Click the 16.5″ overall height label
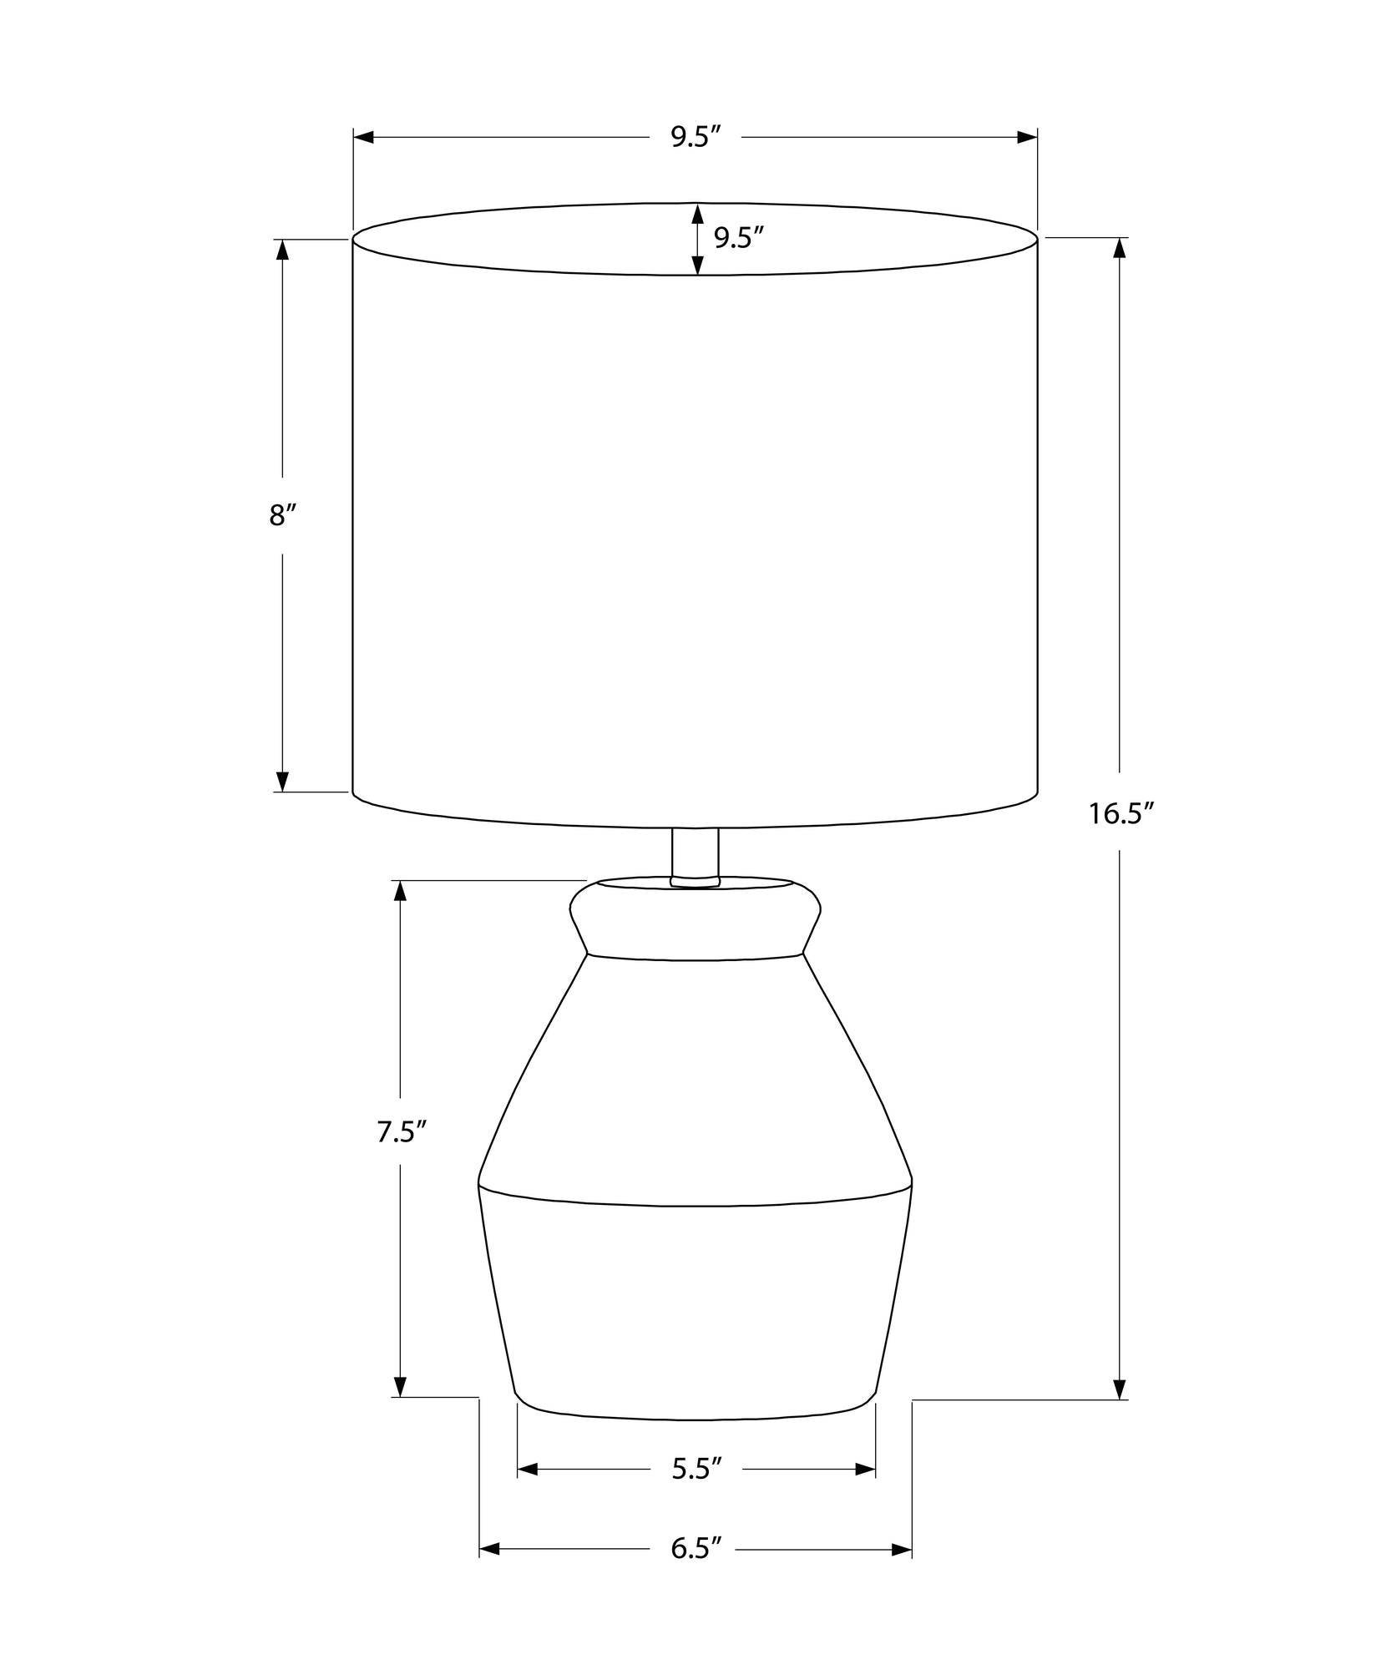click(1120, 813)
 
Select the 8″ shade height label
click(283, 516)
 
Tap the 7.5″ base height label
click(401, 1132)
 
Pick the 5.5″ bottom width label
click(696, 1469)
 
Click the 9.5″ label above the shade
click(696, 137)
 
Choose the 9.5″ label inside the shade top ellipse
click(739, 239)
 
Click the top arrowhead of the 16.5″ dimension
click(1120, 248)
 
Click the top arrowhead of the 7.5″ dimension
click(400, 891)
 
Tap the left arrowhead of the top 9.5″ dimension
click(364, 137)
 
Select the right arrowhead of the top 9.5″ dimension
click(1027, 137)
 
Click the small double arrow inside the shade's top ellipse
click(696, 239)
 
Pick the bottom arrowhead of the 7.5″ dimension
click(400, 1386)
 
